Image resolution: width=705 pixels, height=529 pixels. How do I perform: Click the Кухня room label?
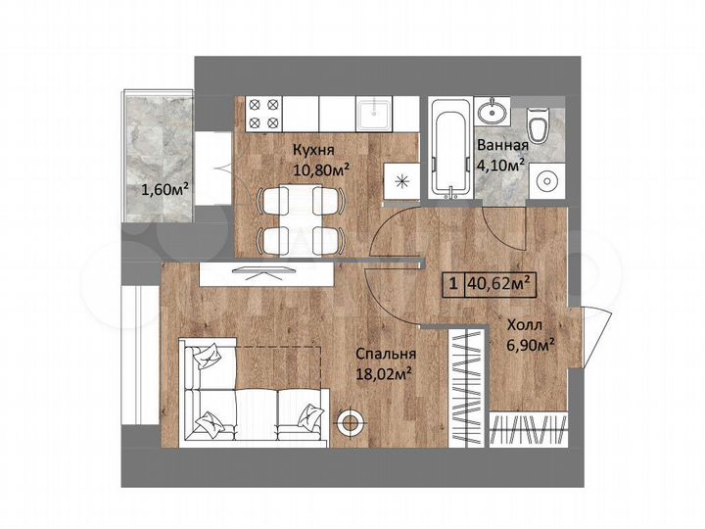click(313, 151)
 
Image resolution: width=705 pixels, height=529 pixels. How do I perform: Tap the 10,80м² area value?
click(322, 168)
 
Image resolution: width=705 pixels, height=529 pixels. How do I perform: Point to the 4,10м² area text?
click(502, 164)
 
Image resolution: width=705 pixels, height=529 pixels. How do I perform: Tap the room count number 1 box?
click(453, 284)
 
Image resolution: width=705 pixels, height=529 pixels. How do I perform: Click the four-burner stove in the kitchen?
click(262, 114)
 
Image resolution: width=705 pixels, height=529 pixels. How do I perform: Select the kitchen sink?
click(373, 115)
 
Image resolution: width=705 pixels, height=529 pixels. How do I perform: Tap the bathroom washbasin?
click(493, 112)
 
